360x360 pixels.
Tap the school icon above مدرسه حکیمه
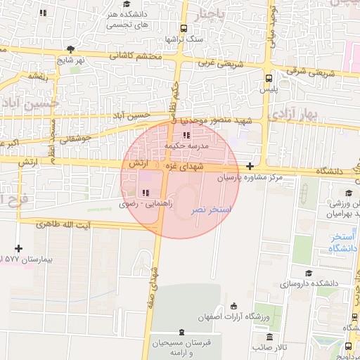point(186,135)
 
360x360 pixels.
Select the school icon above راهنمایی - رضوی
point(146,192)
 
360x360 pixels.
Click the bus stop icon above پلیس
point(269,79)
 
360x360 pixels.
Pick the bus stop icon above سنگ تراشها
point(184,29)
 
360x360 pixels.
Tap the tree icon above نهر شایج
point(70,49)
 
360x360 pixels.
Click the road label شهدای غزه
point(201,167)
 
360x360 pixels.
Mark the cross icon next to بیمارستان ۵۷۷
point(18,248)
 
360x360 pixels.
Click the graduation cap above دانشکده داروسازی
point(307,273)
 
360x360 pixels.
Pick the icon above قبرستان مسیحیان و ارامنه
point(182,331)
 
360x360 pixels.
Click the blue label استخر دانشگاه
point(344,243)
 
